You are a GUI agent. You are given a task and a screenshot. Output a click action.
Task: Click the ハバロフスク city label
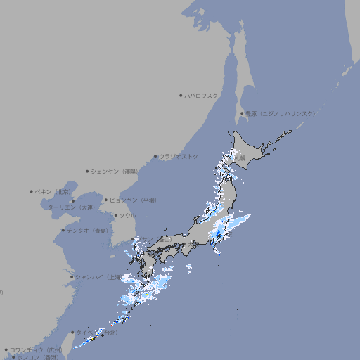pos(202,95)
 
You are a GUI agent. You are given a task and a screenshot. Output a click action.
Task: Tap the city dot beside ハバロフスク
pos(181,95)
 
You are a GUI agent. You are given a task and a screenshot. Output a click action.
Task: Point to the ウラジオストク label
pos(179,156)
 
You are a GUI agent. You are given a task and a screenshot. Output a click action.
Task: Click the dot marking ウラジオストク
pos(155,156)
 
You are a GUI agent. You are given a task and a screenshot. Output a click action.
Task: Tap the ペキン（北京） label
pos(54,191)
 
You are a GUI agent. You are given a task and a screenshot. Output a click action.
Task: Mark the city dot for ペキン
pos(32,191)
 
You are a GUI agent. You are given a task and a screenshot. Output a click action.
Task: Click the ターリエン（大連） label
pos(71,207)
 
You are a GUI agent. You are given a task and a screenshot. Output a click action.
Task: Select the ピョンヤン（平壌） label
pos(133,200)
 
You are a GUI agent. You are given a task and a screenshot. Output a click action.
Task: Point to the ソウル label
pos(127,215)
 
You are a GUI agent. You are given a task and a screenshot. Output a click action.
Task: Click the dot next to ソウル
pos(115,215)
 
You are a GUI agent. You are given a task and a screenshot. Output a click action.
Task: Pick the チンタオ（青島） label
pos(88,230)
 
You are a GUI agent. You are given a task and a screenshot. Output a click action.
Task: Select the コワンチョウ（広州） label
pos(35,349)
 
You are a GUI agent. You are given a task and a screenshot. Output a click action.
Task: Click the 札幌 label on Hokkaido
pos(240,158)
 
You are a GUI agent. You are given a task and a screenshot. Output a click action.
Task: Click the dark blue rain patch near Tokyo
pos(219,235)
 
